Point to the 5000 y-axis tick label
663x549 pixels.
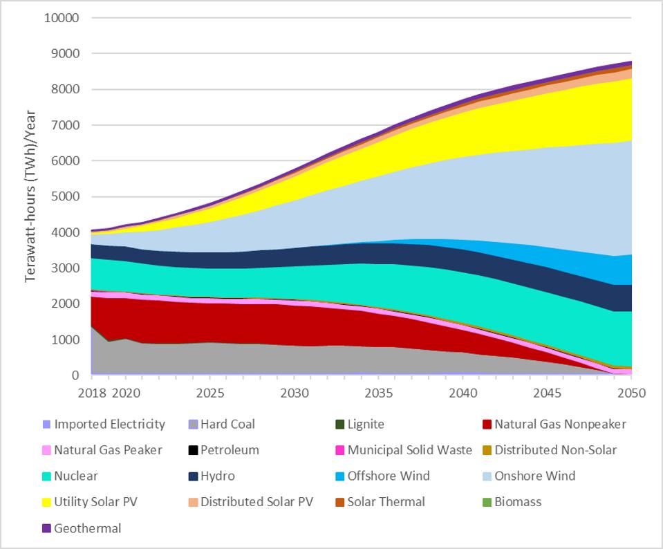pos(67,196)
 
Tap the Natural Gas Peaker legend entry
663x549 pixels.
pos(108,450)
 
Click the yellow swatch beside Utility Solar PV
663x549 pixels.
pos(46,502)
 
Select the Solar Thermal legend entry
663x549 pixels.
pos(386,502)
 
